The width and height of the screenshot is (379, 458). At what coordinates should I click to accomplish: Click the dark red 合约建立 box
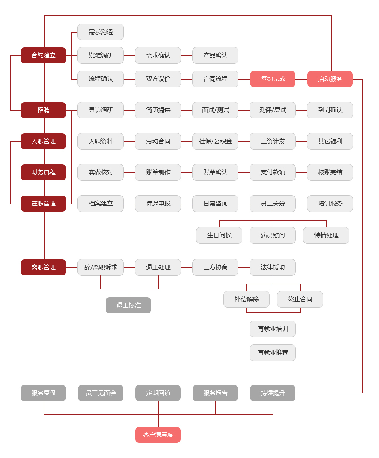(x=43, y=55)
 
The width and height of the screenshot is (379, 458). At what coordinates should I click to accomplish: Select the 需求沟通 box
(x=101, y=32)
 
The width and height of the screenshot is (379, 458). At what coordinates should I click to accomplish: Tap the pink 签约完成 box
(x=273, y=79)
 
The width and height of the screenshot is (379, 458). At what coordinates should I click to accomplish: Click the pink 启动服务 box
(x=330, y=79)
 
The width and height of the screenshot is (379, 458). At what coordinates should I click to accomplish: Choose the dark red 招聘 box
(x=43, y=110)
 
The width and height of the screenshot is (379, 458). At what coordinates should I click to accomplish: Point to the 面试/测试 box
(x=215, y=110)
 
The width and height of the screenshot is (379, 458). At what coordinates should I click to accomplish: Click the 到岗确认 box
(x=330, y=110)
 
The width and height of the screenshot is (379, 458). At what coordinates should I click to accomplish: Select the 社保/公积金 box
(x=215, y=141)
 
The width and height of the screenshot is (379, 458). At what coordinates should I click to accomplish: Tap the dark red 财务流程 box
(x=43, y=172)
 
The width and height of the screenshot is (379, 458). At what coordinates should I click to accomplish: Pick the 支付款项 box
(x=273, y=172)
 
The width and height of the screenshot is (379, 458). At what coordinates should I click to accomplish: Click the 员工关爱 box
(x=273, y=204)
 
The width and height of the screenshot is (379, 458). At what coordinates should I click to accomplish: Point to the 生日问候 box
(x=219, y=235)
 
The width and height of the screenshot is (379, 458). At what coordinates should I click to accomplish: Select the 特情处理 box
(x=326, y=235)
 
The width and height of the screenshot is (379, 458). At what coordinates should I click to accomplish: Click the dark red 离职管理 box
(x=43, y=267)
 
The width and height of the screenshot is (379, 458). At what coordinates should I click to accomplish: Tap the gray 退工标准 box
(x=128, y=305)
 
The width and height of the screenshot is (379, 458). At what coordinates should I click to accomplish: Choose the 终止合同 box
(x=300, y=299)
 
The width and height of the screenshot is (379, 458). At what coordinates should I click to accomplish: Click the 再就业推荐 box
(x=273, y=353)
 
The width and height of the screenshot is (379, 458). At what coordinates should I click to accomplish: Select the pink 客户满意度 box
(x=158, y=435)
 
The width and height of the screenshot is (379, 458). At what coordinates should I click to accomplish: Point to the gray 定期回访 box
(x=158, y=393)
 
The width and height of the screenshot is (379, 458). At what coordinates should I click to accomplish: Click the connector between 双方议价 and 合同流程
(x=186, y=79)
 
